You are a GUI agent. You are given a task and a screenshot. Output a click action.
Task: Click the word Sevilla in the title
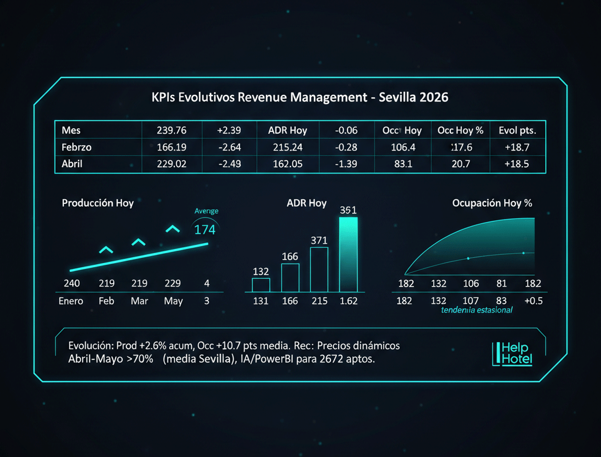399,98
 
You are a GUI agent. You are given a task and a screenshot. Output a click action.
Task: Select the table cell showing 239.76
172,130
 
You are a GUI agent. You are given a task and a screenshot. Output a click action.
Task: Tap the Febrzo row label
76,147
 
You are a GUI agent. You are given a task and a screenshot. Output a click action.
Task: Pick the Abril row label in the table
72,164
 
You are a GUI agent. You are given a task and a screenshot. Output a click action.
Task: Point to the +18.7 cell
517,147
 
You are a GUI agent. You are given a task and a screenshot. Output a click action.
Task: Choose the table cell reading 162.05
288,164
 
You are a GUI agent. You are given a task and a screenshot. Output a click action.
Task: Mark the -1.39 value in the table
346,164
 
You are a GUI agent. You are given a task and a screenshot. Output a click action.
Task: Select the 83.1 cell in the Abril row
402,164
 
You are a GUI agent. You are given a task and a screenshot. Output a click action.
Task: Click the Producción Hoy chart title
97,203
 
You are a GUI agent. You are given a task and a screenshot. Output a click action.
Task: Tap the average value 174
205,230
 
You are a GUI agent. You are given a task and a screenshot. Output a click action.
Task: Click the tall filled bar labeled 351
348,254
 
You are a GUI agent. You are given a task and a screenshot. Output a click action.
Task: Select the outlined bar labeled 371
319,270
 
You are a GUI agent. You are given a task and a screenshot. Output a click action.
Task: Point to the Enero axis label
71,301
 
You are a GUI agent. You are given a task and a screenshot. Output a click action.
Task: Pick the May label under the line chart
173,301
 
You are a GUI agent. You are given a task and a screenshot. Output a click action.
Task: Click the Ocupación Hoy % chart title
492,203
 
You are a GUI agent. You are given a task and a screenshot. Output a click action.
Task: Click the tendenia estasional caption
477,310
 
